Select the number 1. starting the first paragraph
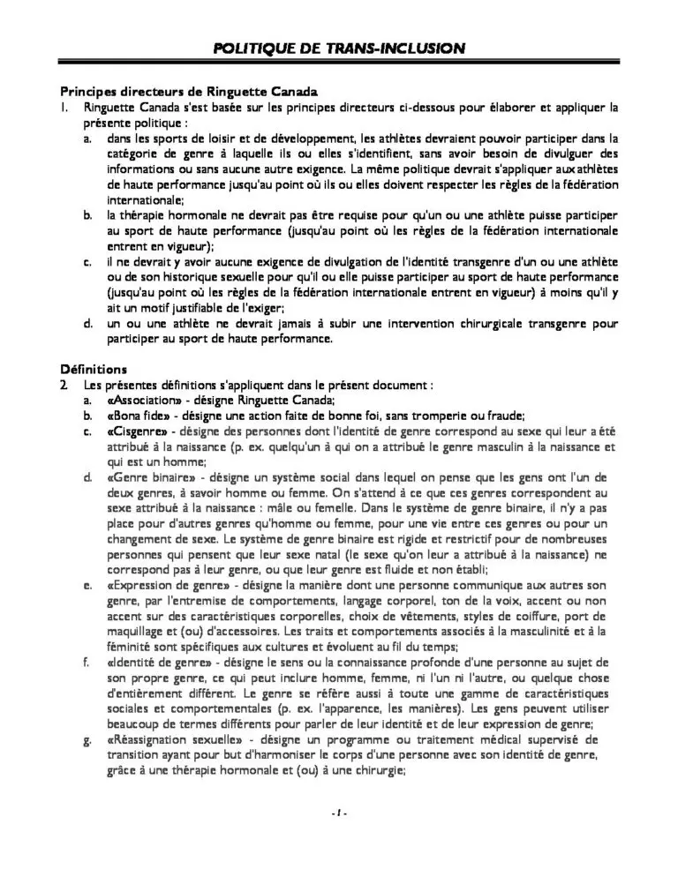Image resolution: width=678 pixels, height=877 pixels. (x=64, y=108)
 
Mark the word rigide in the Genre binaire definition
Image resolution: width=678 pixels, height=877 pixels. (x=392, y=540)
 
